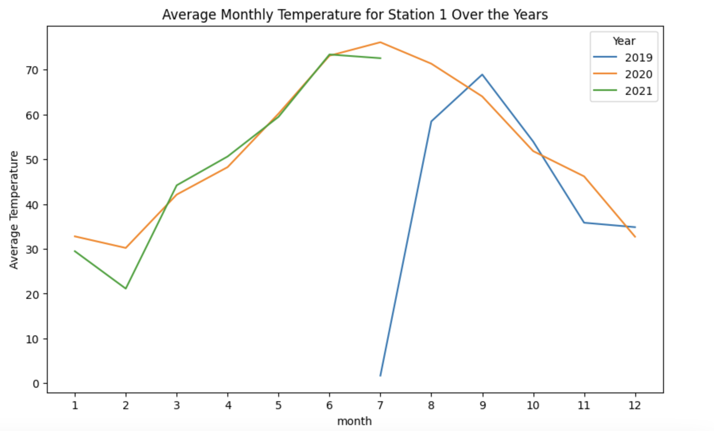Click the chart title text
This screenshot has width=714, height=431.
[355, 15]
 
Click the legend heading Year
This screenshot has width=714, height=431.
[624, 41]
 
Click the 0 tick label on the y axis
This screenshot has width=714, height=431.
[36, 384]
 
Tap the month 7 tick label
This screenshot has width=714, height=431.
[380, 405]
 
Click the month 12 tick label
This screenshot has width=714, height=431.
[635, 405]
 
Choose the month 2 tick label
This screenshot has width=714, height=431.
[126, 405]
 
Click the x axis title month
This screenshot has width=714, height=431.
[354, 421]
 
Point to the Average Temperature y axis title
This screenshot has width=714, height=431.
[14, 210]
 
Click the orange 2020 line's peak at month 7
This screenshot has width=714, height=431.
[380, 42]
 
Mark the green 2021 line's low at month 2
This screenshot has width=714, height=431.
[126, 289]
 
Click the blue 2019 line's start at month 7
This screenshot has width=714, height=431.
[380, 375]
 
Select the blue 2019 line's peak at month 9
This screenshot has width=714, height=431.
[482, 75]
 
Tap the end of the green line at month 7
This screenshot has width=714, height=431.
[380, 58]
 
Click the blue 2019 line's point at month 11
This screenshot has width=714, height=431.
[584, 223]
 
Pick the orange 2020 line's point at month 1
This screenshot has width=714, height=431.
[75, 236]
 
